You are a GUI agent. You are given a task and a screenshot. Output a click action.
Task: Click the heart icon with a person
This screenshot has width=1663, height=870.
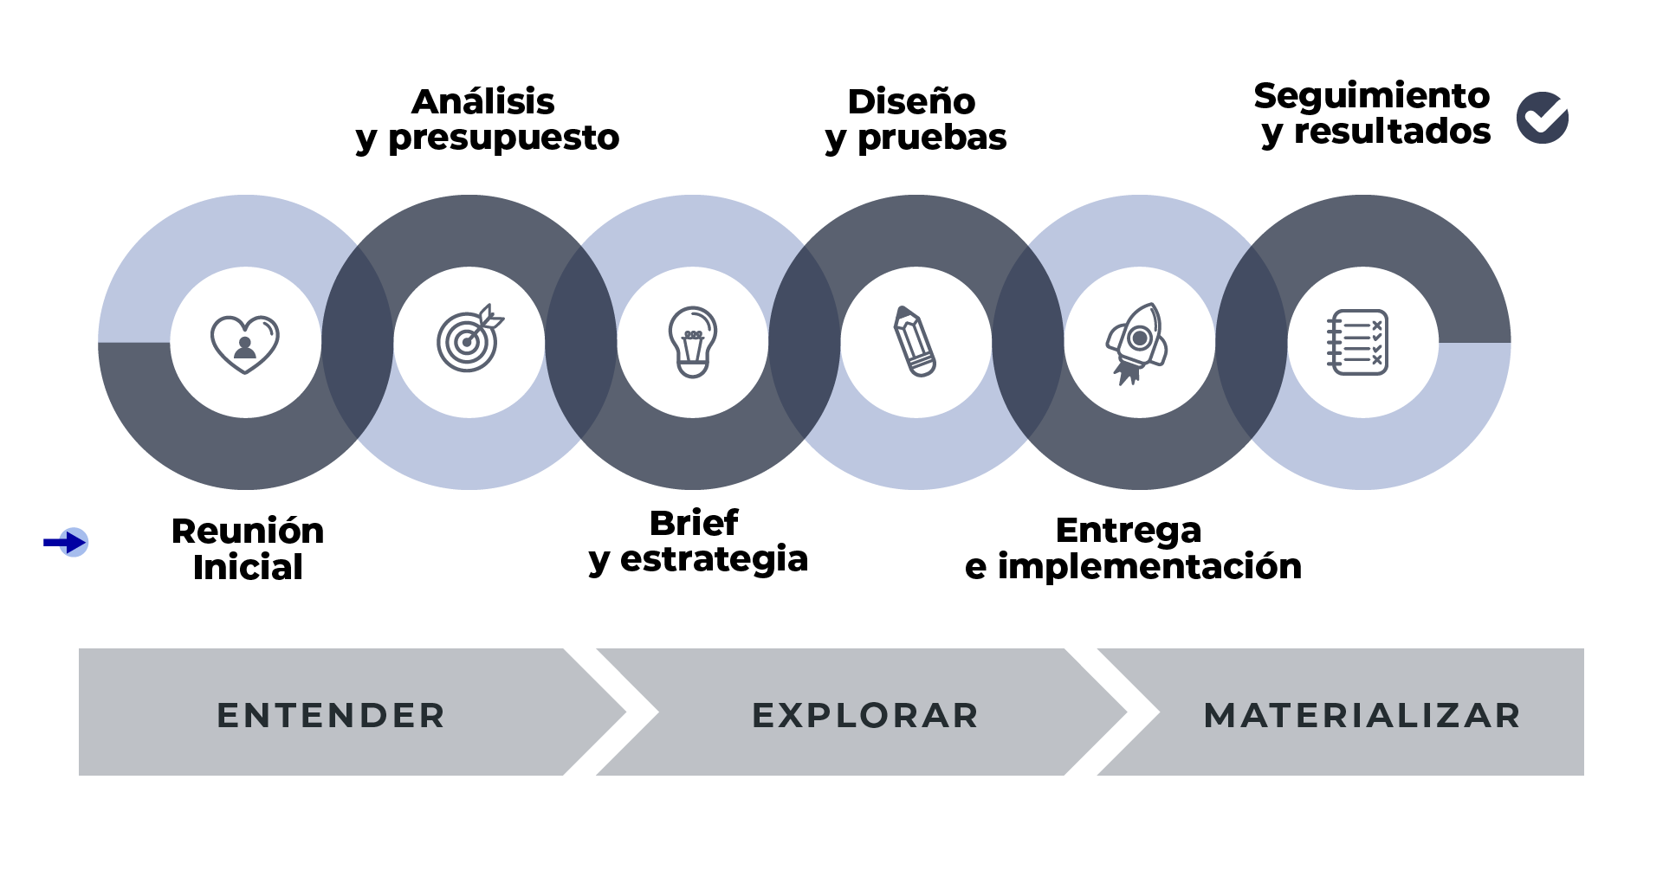tap(245, 343)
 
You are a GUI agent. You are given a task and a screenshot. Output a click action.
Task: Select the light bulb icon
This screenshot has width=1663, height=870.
tap(692, 341)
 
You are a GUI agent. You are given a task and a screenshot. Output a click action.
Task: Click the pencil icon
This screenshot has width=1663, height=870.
tap(915, 341)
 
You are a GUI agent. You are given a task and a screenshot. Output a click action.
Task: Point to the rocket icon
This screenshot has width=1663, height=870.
tap(1137, 342)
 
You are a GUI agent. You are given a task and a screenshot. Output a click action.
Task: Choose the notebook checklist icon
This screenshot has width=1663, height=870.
tap(1357, 342)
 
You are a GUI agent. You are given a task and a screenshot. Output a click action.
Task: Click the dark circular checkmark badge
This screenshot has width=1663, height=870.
tap(1542, 118)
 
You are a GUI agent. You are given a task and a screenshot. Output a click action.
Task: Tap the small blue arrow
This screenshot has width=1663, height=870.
tap(66, 543)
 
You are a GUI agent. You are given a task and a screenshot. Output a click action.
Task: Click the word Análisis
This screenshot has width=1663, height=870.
tap(482, 101)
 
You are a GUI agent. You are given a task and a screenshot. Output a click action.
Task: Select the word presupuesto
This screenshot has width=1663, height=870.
tap(504, 138)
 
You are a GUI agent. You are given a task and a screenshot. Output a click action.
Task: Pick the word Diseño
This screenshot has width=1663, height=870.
tap(911, 101)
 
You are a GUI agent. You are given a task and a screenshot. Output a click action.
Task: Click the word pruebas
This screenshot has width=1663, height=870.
tap(932, 138)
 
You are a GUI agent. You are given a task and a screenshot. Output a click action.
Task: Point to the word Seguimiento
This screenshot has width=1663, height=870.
tap(1371, 96)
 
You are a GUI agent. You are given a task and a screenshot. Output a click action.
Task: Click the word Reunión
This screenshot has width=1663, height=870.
tap(248, 531)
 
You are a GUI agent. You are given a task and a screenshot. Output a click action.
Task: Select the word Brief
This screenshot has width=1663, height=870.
tap(694, 523)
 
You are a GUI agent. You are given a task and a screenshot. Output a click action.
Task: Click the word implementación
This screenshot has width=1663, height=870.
tap(1149, 566)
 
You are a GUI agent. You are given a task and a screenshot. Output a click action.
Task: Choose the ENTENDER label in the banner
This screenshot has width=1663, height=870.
tap(331, 716)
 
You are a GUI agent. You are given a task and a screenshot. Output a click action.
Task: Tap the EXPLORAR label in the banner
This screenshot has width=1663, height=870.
tap(865, 716)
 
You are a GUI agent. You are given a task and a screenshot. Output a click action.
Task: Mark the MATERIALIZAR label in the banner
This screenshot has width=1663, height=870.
tap(1362, 716)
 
